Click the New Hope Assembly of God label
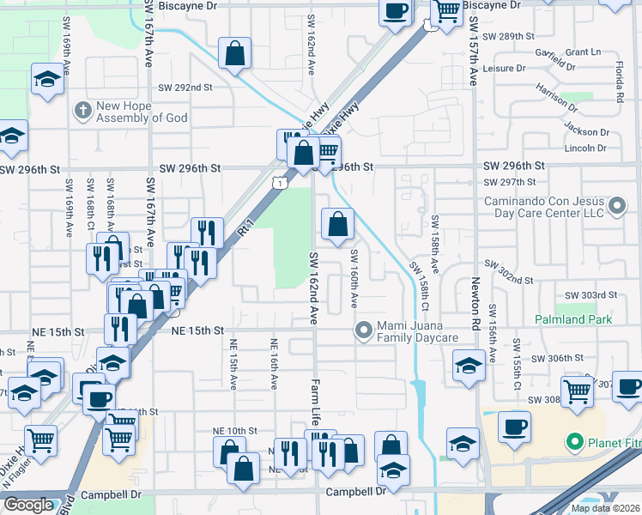coord(141,112)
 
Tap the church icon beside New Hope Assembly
coord(82,110)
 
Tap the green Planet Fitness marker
coord(575,442)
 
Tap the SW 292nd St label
coord(185,88)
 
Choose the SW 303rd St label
coord(597,294)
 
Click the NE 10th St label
coord(235,431)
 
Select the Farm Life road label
coord(316,403)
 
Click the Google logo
coord(28,505)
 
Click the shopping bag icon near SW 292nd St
coord(234,54)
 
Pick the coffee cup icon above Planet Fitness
coord(514,427)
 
